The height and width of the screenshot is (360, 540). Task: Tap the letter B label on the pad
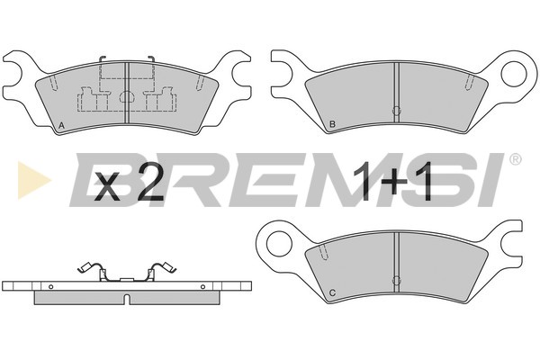pyautogui.click(x=333, y=123)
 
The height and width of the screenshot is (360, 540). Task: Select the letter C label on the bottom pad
pyautogui.click(x=333, y=293)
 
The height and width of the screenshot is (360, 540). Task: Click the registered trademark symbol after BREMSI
pyautogui.click(x=515, y=160)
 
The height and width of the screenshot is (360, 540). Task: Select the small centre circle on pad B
pyautogui.click(x=396, y=111)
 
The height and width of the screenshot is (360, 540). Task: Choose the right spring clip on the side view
pyautogui.click(x=165, y=268)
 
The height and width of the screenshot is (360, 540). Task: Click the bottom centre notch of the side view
pyautogui.click(x=127, y=299)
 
